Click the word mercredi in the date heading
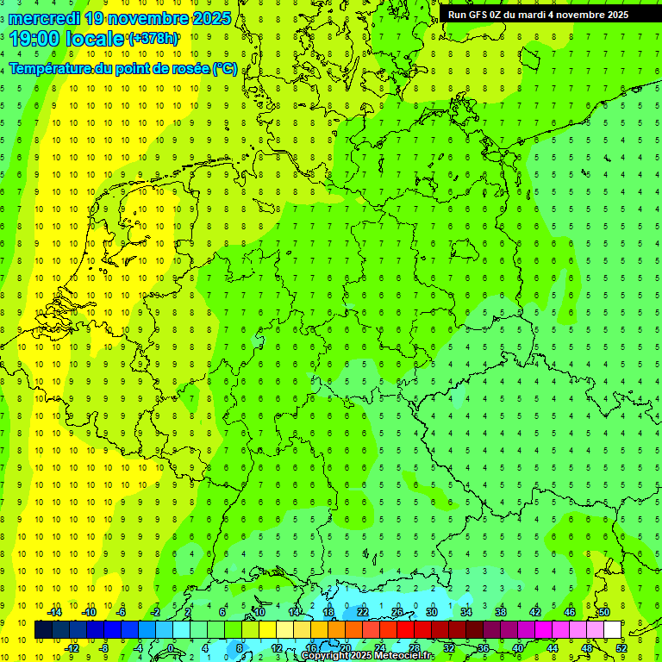tap(44, 17)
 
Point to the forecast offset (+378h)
tap(153, 38)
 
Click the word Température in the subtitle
tap(48, 69)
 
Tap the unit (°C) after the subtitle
tap(225, 69)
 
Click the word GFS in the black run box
tap(482, 14)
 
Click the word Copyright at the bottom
tap(326, 656)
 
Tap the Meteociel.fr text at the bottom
tap(404, 656)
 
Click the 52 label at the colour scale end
tap(621, 648)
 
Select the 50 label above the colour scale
tap(604, 612)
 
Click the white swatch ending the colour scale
tap(612, 630)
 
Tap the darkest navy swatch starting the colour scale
tap(43, 630)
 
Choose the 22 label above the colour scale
tap(363, 612)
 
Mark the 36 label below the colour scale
tap(484, 648)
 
